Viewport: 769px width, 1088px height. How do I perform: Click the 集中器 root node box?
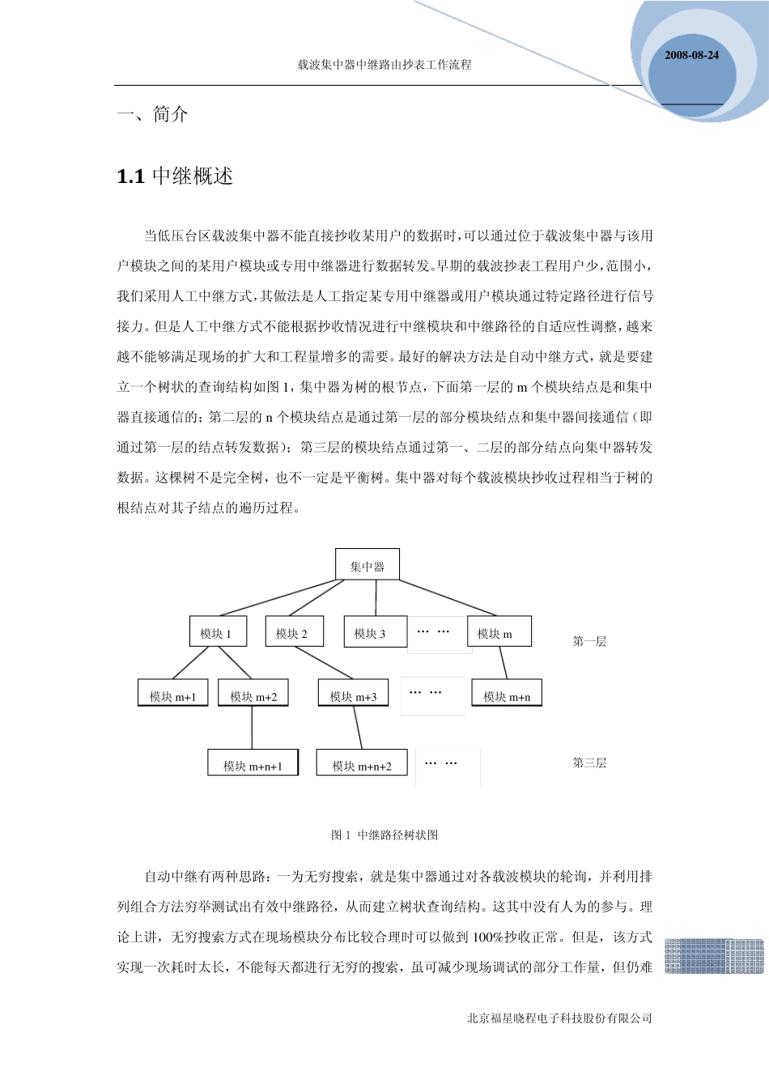(368, 565)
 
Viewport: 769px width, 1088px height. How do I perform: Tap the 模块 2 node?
(294, 632)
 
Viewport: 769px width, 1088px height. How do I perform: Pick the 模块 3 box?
(375, 632)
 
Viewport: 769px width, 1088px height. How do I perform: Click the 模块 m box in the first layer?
(499, 632)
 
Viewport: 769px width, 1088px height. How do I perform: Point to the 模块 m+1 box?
(172, 695)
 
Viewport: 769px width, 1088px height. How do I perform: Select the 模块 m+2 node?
(253, 695)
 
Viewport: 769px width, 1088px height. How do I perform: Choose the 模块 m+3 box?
(353, 695)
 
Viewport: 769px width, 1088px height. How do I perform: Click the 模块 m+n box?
(507, 695)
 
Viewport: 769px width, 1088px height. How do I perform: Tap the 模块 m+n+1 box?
(253, 764)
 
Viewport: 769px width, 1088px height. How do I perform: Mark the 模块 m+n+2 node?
(361, 764)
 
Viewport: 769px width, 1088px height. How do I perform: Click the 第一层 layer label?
(589, 641)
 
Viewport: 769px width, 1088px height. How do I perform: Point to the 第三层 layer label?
(589, 763)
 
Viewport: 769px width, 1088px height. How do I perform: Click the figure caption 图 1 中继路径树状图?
(384, 835)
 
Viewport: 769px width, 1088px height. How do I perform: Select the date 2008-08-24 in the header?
(691, 55)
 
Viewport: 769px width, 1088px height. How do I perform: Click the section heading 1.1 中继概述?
(175, 176)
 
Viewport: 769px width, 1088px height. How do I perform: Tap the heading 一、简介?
(153, 114)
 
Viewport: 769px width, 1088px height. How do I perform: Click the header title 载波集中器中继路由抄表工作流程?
(384, 65)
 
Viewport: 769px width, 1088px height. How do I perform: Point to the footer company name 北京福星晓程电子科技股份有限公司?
(559, 1018)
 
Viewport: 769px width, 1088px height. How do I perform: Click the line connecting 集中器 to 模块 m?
(448, 597)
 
